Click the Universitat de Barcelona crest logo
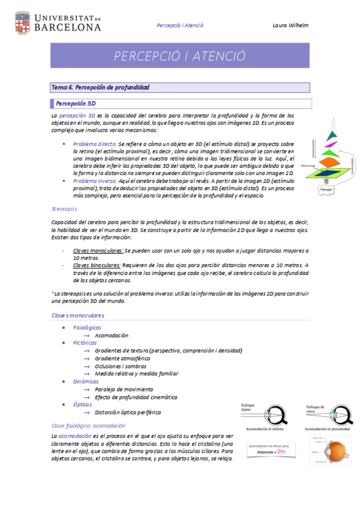22,22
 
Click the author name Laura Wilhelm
290,25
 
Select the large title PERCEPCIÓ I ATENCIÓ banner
180,56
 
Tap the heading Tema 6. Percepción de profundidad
100,88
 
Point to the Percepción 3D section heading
76,103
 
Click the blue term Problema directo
95,144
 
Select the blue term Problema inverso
96,180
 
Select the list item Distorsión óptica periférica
128,412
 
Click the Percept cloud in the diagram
326,189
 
